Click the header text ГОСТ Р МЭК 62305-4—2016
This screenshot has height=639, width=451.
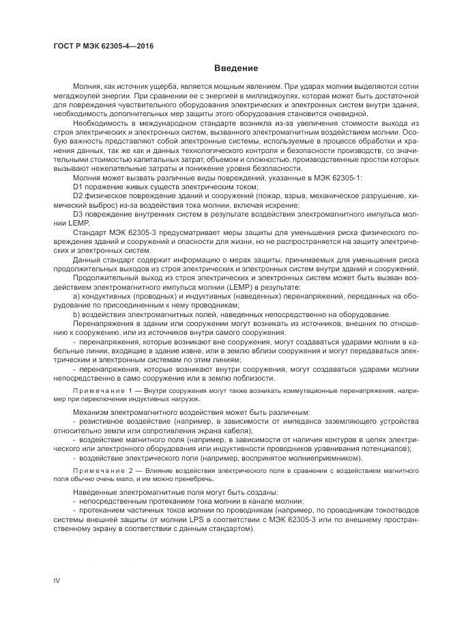tap(103, 46)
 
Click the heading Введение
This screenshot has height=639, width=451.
tap(235, 68)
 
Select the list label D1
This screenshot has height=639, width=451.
tap(78, 186)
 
